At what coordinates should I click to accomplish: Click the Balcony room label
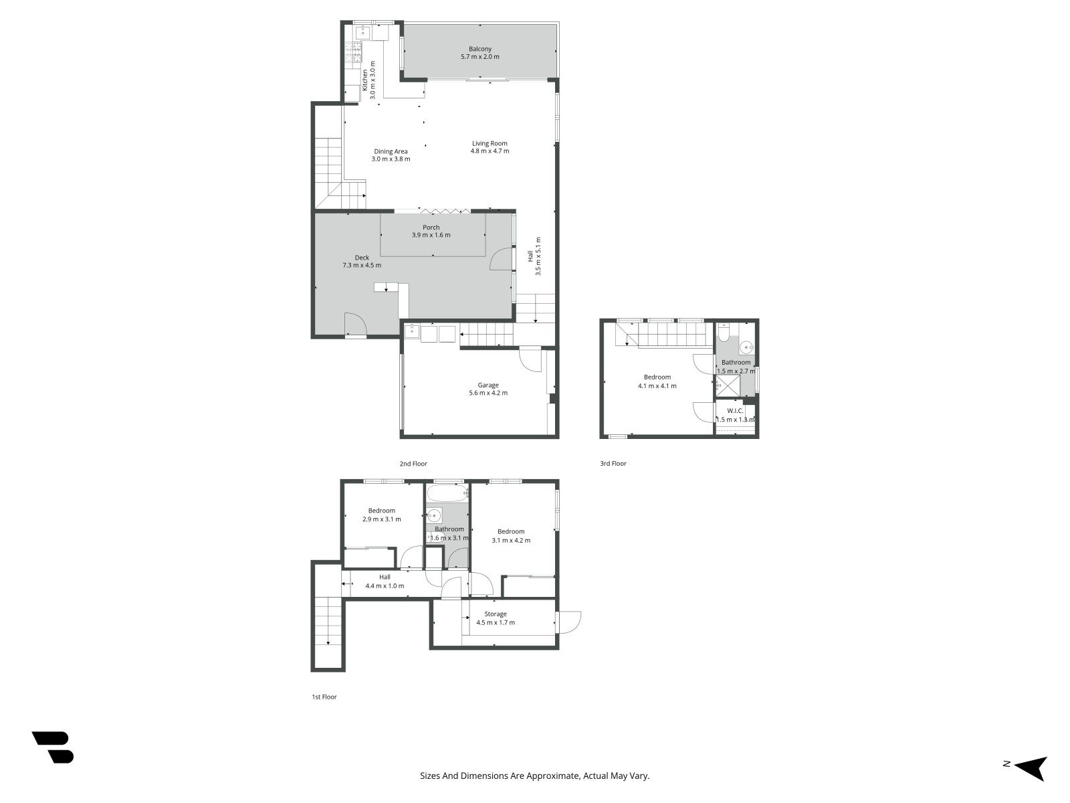tap(479, 49)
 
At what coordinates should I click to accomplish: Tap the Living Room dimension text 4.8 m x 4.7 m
tap(490, 151)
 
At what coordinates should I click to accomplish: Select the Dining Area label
tap(391, 151)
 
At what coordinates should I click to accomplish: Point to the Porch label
tap(431, 228)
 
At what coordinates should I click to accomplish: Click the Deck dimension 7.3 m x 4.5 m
tap(362, 265)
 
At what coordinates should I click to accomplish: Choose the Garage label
tap(488, 385)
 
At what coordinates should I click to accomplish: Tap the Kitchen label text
tap(364, 80)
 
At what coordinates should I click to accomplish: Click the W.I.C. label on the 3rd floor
tap(734, 410)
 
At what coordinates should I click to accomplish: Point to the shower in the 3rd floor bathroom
tap(728, 386)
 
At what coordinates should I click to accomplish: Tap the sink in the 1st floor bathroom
tap(434, 515)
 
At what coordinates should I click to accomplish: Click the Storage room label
tap(496, 614)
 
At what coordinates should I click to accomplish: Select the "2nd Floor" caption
tap(413, 464)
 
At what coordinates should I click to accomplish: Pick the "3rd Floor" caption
tap(613, 464)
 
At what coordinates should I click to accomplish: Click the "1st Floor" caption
tap(324, 697)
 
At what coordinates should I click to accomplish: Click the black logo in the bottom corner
tap(53, 747)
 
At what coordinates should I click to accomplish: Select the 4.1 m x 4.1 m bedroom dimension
tap(657, 386)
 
